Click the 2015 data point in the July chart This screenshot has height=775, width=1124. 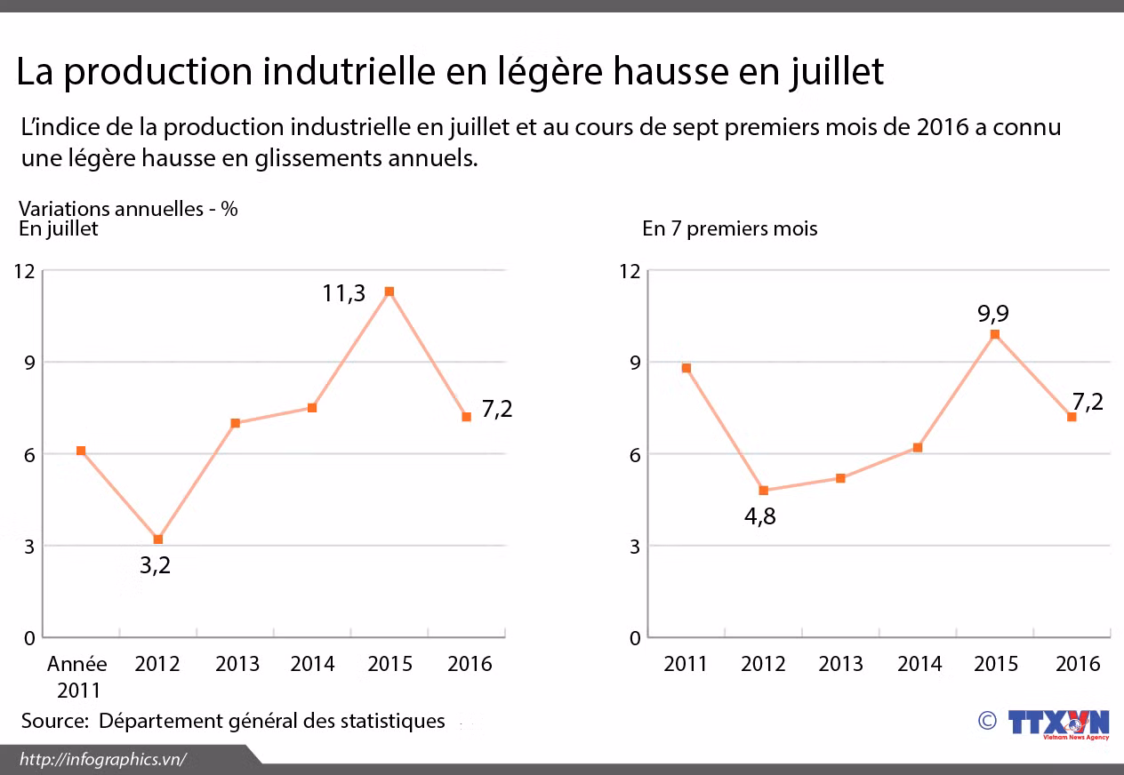pyautogui.click(x=389, y=292)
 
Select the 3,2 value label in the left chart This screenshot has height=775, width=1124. pyautogui.click(x=155, y=565)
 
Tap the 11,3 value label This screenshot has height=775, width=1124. pyautogui.click(x=343, y=292)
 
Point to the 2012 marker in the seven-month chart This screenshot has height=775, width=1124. pyautogui.click(x=763, y=491)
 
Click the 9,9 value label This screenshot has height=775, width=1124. pyautogui.click(x=993, y=314)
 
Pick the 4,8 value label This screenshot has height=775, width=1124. pyautogui.click(x=760, y=516)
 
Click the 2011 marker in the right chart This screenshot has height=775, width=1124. pyautogui.click(x=686, y=368)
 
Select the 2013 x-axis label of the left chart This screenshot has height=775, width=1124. pyautogui.click(x=237, y=664)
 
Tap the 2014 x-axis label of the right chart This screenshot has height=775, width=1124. pyautogui.click(x=919, y=664)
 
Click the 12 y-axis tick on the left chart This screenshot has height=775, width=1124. pyautogui.click(x=24, y=271)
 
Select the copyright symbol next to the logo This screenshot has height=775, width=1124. pyautogui.click(x=986, y=720)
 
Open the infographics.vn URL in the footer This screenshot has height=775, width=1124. pyautogui.click(x=102, y=759)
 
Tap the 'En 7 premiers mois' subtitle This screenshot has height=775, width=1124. pyautogui.click(x=729, y=228)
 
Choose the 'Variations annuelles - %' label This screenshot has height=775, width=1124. pyautogui.click(x=128, y=209)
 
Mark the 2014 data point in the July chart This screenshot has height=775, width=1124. pyautogui.click(x=312, y=408)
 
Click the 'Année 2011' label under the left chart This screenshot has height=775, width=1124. pyautogui.click(x=77, y=676)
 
